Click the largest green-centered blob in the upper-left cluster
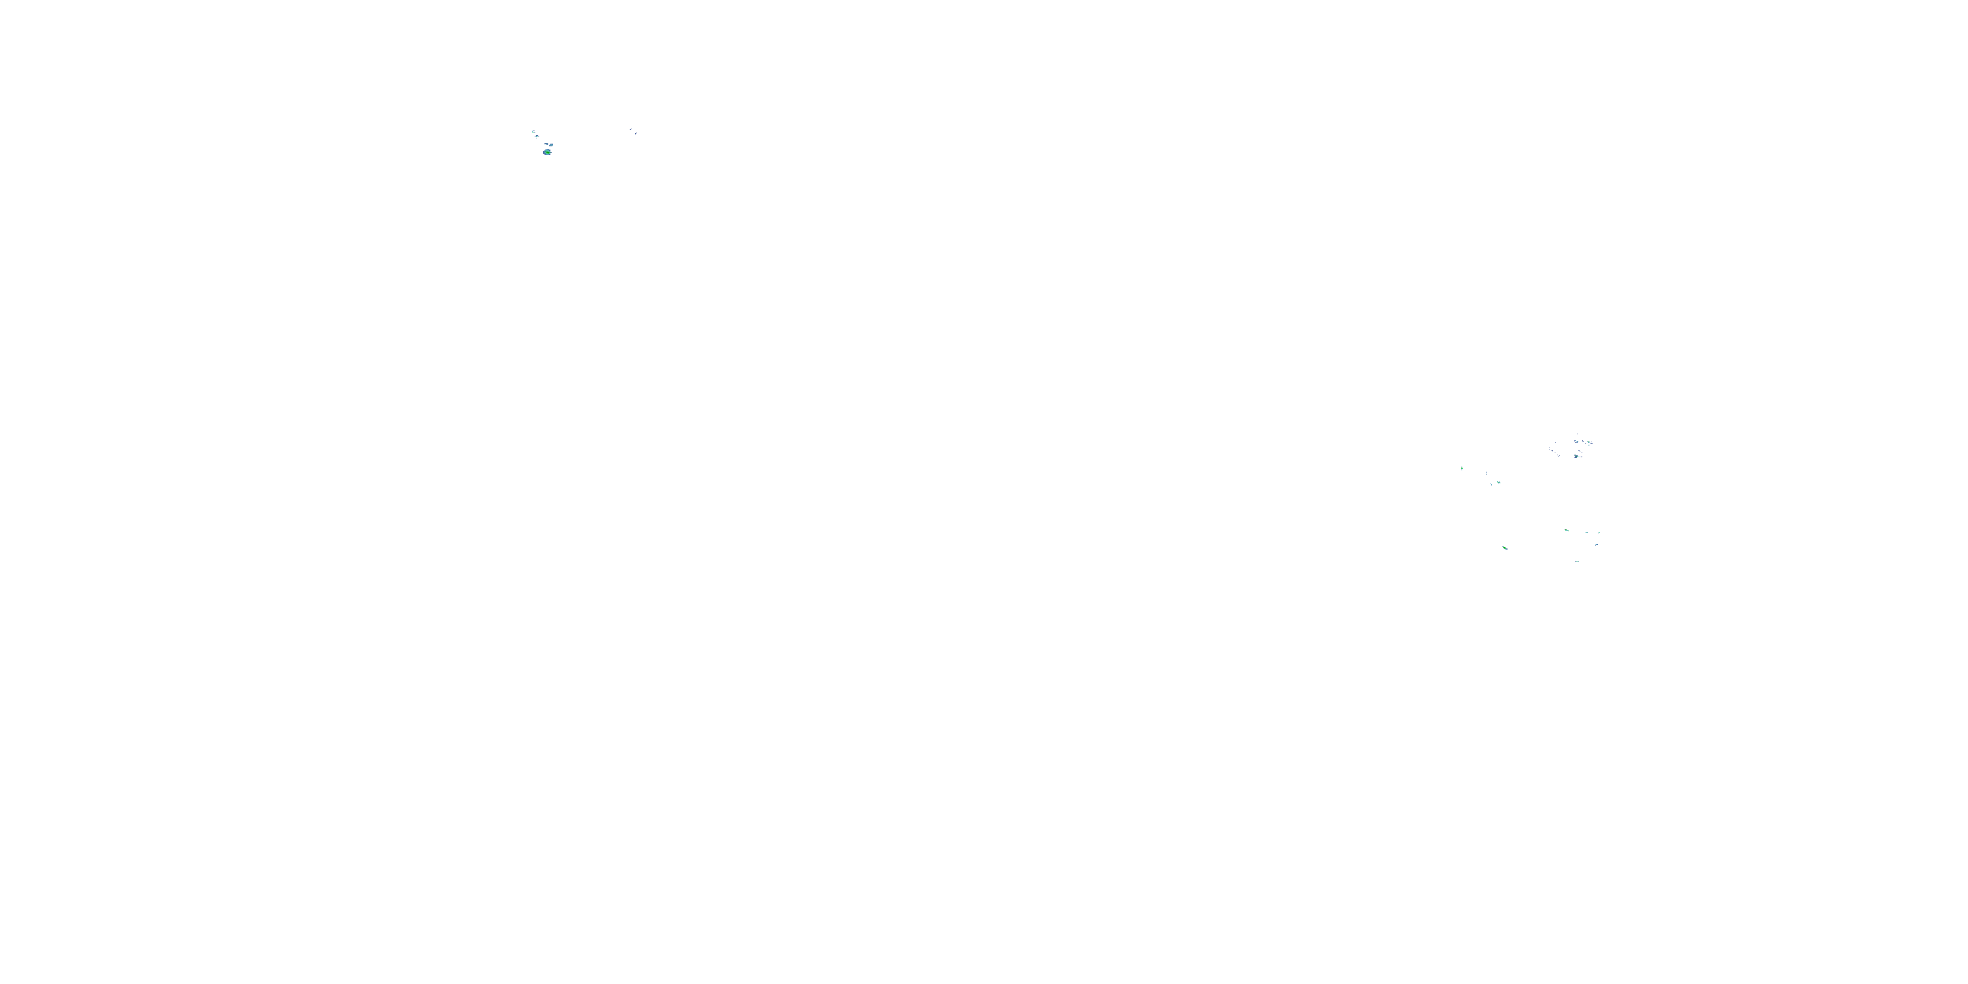(x=548, y=152)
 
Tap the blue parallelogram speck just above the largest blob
(x=552, y=145)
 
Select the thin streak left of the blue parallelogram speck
(x=547, y=144)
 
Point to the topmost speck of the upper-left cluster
(x=534, y=132)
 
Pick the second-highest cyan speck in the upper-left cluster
(x=537, y=136)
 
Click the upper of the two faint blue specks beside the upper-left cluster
(x=631, y=130)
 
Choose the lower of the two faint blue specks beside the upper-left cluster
(x=636, y=134)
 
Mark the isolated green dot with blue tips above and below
(x=1462, y=468)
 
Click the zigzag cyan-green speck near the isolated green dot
(x=1499, y=482)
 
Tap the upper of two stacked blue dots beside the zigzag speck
(x=1486, y=472)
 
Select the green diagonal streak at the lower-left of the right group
(x=1505, y=548)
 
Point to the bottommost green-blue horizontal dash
(x=1578, y=562)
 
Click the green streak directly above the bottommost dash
(x=1567, y=531)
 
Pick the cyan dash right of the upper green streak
(x=1587, y=533)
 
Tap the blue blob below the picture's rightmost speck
(x=1597, y=544)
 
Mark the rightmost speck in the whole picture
(x=1599, y=533)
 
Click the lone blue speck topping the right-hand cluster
(x=1578, y=434)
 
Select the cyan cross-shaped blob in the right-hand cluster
(x=1578, y=441)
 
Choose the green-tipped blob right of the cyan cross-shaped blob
(x=1589, y=442)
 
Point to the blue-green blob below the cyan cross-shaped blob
(x=1577, y=457)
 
